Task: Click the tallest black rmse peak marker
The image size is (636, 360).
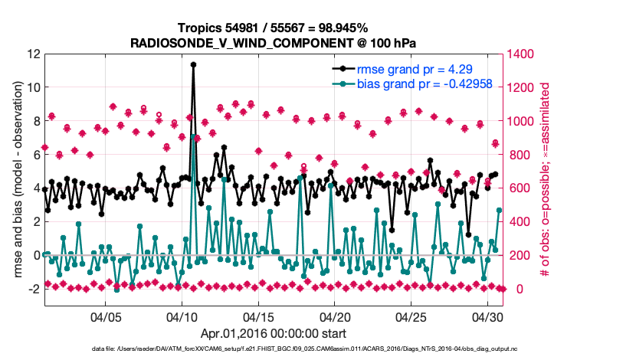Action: tap(193, 64)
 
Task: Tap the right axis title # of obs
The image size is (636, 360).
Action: tap(546, 180)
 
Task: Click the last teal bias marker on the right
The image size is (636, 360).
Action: tap(500, 210)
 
